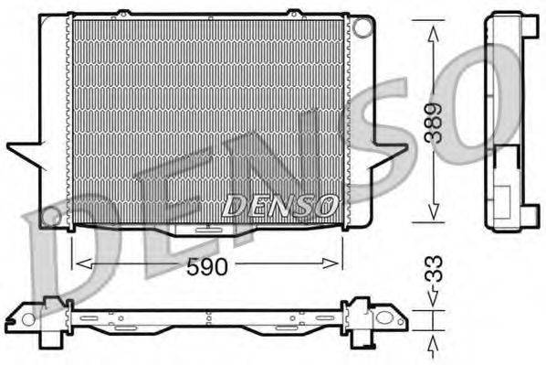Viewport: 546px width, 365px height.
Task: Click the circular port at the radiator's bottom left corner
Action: pos(54,219)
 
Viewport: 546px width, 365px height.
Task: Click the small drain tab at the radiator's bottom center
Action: pos(209,231)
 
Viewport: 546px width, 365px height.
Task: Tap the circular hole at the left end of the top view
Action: pos(28,319)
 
